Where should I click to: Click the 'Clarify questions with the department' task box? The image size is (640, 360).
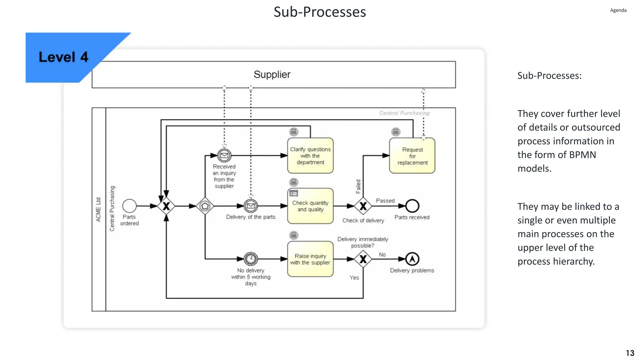[310, 156]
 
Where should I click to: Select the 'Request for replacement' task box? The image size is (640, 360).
[412, 156]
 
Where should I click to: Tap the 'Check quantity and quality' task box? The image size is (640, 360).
[310, 206]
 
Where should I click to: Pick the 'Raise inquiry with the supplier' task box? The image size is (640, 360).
[310, 259]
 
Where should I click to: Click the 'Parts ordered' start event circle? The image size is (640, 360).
[129, 206]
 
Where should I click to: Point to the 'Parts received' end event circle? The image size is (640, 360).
[412, 206]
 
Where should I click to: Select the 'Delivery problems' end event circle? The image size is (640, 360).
[412, 259]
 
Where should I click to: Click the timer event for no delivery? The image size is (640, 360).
[251, 259]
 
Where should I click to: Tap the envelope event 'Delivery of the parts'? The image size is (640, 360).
[251, 206]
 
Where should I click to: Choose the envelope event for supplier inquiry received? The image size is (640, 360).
[224, 155]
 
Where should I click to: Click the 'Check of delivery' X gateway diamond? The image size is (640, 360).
[363, 206]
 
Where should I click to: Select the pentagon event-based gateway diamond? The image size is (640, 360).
[205, 206]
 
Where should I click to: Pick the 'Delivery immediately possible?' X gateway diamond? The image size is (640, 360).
[363, 259]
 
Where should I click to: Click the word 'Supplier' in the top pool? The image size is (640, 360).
[272, 74]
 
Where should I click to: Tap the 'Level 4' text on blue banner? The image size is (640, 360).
[63, 57]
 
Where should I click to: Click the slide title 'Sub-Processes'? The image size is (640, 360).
[320, 12]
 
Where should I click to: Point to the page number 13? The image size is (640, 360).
[630, 353]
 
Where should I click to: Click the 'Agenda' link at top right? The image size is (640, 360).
[618, 10]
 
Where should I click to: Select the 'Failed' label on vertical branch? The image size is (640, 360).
[358, 187]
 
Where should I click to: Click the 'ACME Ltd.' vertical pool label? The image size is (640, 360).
[98, 209]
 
